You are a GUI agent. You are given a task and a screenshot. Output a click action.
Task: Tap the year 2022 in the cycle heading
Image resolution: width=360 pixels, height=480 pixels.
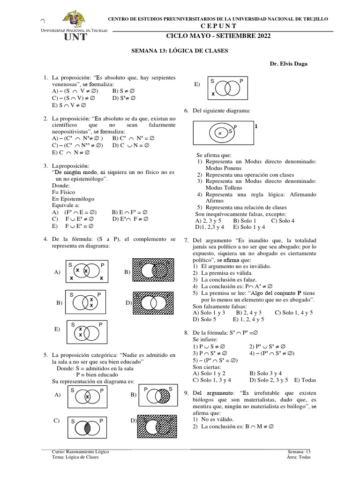pos(260,36)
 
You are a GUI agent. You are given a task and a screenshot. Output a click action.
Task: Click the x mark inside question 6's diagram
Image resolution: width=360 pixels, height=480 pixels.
pos(220,134)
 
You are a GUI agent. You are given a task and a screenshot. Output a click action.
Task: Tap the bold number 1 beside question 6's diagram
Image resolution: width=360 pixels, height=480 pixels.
pos(256,127)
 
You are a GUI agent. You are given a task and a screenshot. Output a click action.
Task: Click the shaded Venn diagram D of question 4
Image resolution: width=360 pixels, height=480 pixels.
pos(155,303)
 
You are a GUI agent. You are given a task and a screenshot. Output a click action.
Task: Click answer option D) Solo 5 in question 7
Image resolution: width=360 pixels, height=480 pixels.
pos(205,320)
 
